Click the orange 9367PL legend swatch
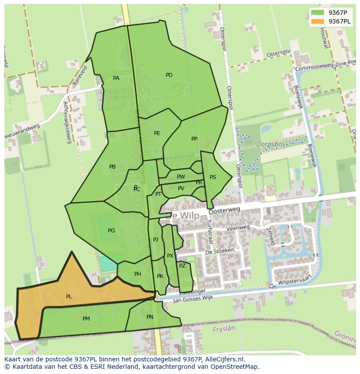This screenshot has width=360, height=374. (317, 21)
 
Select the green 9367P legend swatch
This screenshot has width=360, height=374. (317, 13)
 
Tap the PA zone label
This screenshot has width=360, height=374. (116, 78)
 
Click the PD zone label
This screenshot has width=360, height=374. (169, 75)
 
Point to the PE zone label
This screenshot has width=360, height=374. (157, 133)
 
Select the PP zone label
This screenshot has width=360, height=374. (194, 139)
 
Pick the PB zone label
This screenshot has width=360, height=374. (112, 167)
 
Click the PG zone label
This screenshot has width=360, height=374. (111, 231)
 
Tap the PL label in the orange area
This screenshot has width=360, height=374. (69, 297)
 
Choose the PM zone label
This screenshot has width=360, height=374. (86, 319)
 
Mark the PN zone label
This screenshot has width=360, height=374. (150, 317)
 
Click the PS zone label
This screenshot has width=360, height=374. (213, 177)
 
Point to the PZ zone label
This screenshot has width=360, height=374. (182, 266)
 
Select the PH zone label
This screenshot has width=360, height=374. (138, 274)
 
